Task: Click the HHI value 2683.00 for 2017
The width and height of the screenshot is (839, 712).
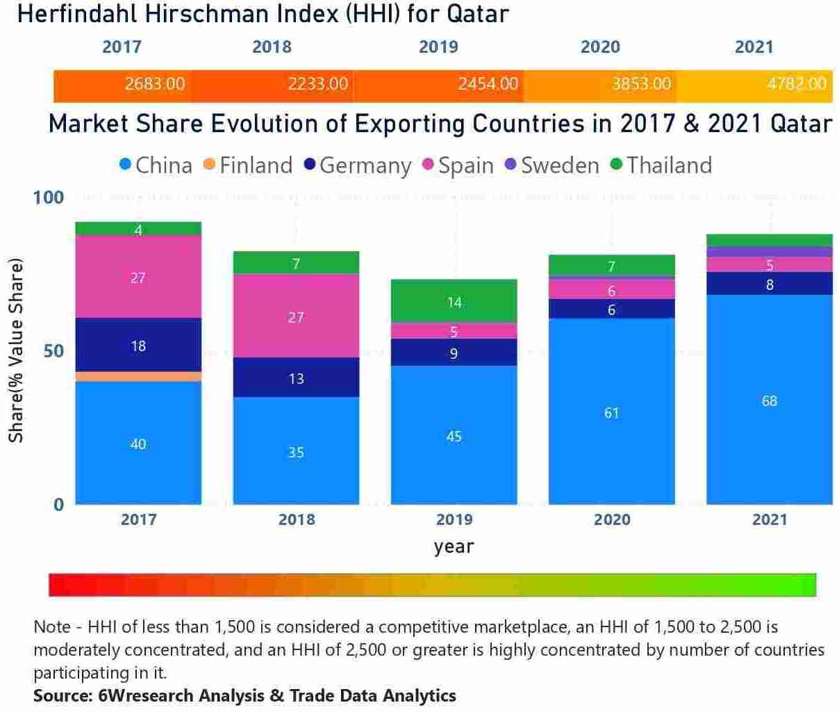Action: tap(155, 84)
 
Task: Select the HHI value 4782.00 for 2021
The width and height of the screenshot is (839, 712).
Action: tap(797, 84)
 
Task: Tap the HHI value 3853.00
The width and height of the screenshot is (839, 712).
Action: tap(641, 84)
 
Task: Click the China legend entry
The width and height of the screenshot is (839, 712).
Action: tap(156, 165)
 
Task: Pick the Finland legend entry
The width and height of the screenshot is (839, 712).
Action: tap(248, 165)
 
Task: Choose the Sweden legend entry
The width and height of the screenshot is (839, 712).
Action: tap(552, 165)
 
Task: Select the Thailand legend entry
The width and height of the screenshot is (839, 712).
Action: tap(661, 165)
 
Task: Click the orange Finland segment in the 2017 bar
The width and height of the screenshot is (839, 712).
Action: tap(138, 376)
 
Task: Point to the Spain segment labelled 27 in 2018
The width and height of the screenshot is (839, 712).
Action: tap(296, 316)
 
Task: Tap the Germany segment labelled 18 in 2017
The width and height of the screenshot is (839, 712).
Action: tap(138, 345)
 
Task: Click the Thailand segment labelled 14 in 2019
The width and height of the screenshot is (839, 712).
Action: tap(454, 302)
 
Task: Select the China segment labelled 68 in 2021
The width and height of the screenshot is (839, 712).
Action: tap(769, 400)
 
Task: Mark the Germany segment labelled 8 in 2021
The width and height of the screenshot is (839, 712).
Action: tap(769, 284)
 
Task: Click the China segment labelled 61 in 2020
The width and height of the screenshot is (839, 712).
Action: tap(611, 412)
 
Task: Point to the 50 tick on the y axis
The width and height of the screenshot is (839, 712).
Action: tap(53, 351)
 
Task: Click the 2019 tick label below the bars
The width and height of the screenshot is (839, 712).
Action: tap(454, 519)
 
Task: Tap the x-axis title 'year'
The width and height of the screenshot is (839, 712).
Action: tap(454, 547)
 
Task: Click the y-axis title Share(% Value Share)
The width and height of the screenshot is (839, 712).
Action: tap(16, 350)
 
